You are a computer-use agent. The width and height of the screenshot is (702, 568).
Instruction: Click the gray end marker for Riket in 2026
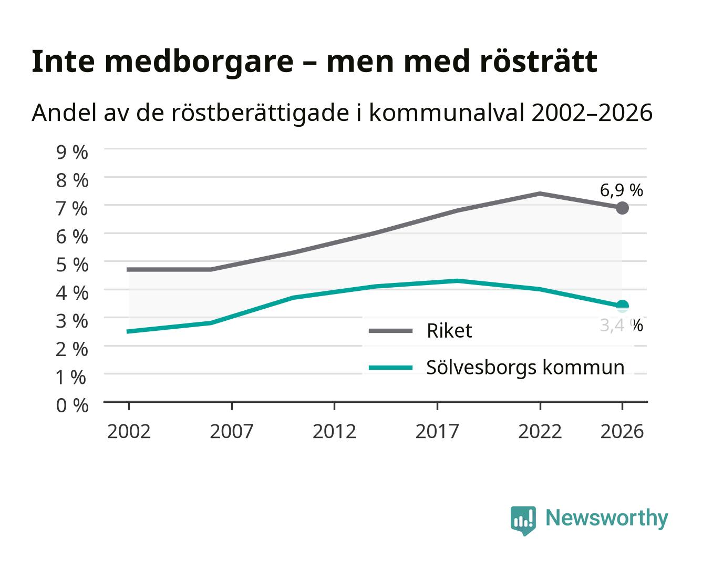622,208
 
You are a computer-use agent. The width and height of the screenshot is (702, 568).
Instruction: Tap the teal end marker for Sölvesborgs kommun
622,306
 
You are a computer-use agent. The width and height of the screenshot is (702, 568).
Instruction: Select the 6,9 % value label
621,190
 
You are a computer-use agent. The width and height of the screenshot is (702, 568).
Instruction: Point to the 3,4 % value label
621,325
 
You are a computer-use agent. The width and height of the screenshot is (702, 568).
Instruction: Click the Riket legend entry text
449,330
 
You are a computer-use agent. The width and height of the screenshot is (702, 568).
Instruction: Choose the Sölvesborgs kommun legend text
525,368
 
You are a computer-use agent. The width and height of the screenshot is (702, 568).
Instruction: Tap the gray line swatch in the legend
390,331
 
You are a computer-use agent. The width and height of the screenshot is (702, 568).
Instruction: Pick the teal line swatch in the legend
390,368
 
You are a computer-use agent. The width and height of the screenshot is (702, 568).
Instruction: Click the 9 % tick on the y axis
72,153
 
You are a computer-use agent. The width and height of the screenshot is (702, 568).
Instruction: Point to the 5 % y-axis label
72,265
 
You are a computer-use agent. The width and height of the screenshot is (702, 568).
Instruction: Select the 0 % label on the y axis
72,405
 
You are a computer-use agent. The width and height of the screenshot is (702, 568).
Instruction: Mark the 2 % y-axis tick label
72,349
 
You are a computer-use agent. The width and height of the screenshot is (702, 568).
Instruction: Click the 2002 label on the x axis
129,431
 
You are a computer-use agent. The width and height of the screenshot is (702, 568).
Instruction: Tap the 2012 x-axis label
334,431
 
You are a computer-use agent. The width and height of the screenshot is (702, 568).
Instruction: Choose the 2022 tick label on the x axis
540,431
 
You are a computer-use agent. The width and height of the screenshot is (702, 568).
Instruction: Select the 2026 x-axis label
622,431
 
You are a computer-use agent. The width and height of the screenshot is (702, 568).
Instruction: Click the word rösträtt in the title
539,62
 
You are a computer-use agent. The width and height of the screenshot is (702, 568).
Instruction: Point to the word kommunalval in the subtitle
447,113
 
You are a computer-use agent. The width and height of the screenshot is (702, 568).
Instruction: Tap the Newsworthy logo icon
523,521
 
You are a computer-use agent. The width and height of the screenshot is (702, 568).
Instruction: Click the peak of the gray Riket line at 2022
540,194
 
